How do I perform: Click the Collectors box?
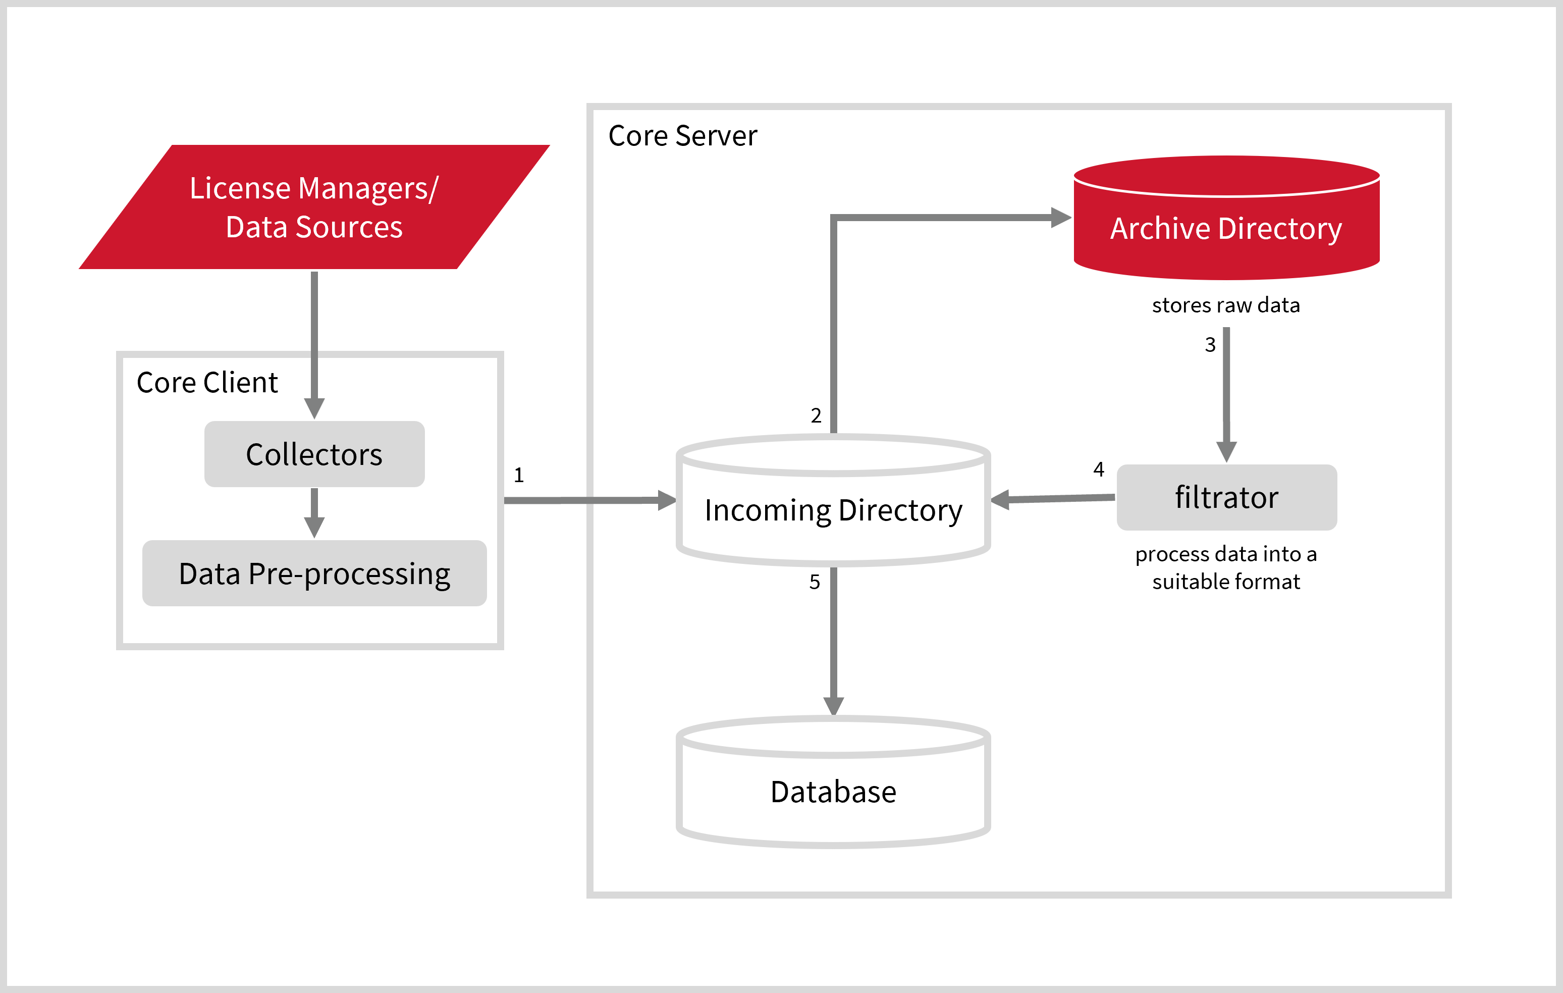tap(314, 454)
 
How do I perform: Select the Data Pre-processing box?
tap(314, 573)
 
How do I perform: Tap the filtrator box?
tap(1226, 497)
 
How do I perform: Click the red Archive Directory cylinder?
tap(1226, 227)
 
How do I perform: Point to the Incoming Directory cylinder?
tap(833, 510)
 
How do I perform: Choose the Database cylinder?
tap(833, 792)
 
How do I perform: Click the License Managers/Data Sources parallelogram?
tap(314, 207)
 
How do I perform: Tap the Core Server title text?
tap(682, 136)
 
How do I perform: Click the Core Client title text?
tap(207, 383)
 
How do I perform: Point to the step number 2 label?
tap(816, 415)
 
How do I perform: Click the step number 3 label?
tap(1210, 344)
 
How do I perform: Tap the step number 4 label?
tap(1098, 469)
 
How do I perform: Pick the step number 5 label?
tap(815, 582)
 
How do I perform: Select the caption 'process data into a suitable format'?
tap(1225, 567)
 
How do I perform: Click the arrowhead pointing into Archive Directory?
tap(1061, 218)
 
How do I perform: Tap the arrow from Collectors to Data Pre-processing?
tap(314, 513)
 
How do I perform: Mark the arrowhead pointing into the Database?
tap(833, 705)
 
